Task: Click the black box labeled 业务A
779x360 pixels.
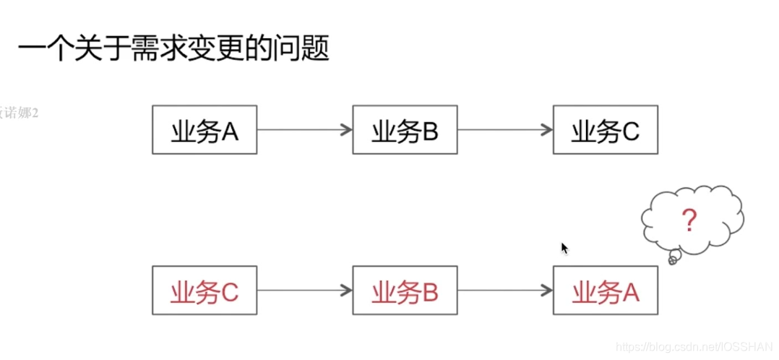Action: [205, 130]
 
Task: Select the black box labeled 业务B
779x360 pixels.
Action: [405, 130]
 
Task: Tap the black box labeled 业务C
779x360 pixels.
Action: [606, 130]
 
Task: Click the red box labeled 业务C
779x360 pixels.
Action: [205, 291]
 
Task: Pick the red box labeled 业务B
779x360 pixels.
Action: [405, 291]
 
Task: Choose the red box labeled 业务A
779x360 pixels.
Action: [606, 291]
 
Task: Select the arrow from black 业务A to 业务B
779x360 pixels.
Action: [304, 130]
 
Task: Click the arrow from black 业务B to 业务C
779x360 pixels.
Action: [504, 130]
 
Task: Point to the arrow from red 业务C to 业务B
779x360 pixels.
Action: [304, 291]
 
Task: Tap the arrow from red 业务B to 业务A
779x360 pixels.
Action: [504, 291]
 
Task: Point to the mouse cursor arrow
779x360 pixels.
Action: [564, 248]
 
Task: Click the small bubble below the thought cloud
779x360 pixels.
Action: [673, 258]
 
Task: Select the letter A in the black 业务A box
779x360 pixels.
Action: [230, 131]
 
